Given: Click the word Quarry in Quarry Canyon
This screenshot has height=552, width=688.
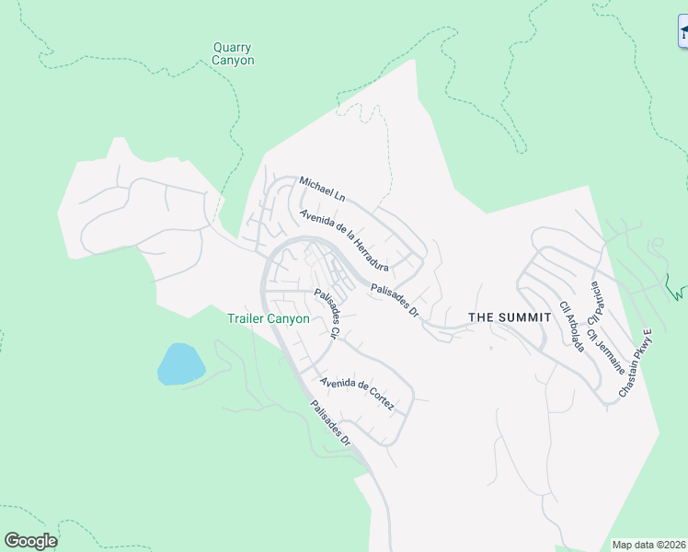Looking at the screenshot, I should click(232, 48).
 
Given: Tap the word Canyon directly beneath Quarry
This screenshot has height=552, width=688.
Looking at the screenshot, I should click(232, 61).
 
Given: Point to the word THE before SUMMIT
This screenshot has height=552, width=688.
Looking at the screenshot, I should click(483, 317).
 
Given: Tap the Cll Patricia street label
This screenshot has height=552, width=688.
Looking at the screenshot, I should click(594, 293).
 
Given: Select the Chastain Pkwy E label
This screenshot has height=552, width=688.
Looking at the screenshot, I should click(635, 363).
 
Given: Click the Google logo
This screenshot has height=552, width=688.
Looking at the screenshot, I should click(30, 541).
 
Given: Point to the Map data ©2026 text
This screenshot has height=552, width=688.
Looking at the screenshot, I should click(648, 545).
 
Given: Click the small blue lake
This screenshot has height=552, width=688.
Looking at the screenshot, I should click(180, 364).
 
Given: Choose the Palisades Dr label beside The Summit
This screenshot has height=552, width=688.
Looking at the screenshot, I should click(395, 301).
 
